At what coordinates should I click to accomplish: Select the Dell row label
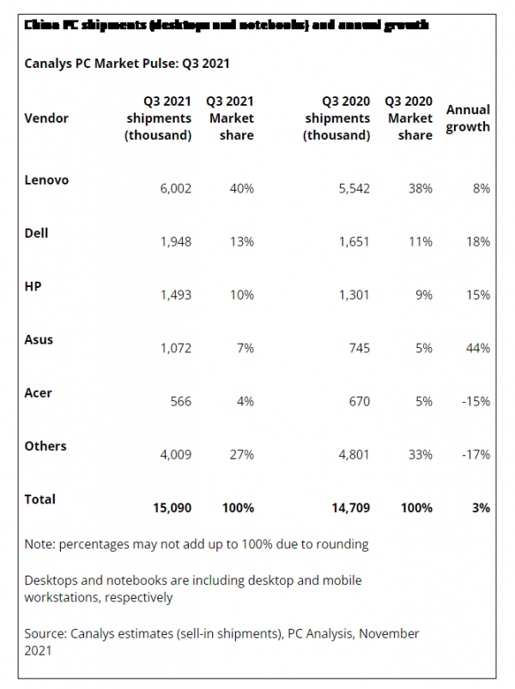point(37,234)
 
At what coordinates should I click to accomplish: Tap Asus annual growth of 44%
point(477,348)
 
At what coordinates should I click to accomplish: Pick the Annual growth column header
point(468,119)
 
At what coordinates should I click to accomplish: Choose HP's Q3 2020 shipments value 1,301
point(353,295)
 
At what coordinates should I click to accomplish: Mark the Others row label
point(45,446)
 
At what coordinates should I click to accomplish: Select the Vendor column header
point(46,118)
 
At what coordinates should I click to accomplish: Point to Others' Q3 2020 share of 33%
point(420,454)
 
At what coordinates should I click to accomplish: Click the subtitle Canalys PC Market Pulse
point(127,63)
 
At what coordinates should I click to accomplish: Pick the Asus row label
point(39,339)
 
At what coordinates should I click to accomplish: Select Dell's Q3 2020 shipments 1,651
point(353,241)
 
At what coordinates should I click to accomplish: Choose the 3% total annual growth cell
point(481,508)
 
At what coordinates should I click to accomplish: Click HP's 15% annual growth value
point(477,295)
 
